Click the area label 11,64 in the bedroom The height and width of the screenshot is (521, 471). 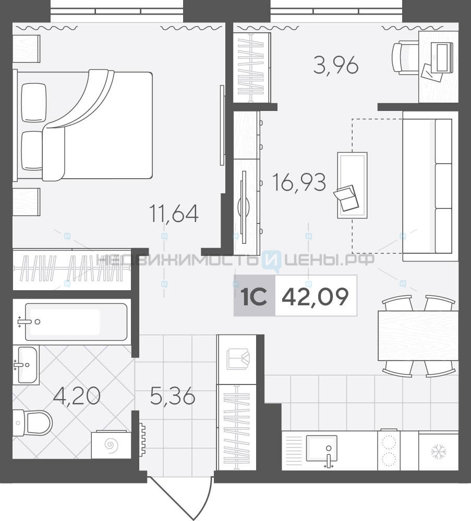coord(174,214)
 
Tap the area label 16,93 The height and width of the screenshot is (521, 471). coord(299,182)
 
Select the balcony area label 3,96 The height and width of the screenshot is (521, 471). coord(336,66)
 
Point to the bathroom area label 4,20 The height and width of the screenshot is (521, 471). coord(77,396)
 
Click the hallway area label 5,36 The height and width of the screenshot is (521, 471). coord(173,396)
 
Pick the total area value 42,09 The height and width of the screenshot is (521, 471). coord(316,296)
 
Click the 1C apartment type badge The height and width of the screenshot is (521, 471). coord(255,296)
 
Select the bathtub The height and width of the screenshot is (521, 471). coord(76,321)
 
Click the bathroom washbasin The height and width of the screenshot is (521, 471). coord(27,365)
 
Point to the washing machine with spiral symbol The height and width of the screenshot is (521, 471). coord(111,444)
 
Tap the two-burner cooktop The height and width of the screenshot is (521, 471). coord(389,450)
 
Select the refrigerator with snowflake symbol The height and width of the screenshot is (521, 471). coord(439,452)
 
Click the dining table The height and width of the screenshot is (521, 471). coord(418,336)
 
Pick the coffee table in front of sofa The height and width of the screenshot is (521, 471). coord(352,185)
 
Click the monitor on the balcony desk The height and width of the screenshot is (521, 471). coord(442,58)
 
